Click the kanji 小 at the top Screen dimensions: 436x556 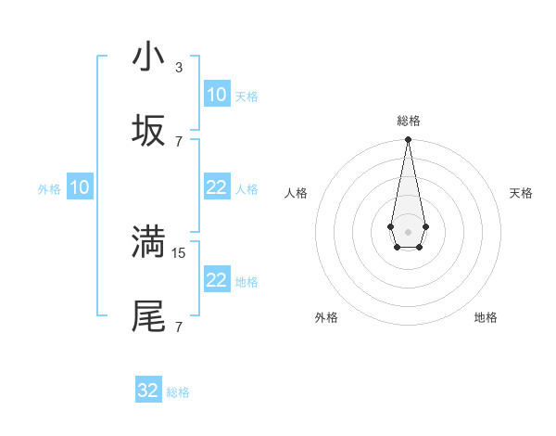148,58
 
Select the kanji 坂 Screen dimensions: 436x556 148,131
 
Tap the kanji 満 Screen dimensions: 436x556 148,242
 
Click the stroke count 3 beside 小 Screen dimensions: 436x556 178,67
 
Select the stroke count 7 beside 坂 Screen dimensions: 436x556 178,141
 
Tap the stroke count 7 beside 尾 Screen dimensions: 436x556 178,327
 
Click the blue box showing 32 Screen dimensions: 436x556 148,391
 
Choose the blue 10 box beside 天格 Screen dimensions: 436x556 216,95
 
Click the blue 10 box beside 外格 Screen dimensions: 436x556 80,188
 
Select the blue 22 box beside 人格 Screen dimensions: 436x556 216,188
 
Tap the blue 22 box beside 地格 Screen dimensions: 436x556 216,281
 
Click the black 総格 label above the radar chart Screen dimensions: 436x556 408,122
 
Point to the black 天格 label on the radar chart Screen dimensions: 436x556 521,193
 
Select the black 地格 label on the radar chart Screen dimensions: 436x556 486,317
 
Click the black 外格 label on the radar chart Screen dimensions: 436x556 326,317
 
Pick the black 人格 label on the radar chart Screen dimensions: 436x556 296,193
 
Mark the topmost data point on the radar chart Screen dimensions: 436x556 408,140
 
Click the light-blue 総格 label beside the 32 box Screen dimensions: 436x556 178,392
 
